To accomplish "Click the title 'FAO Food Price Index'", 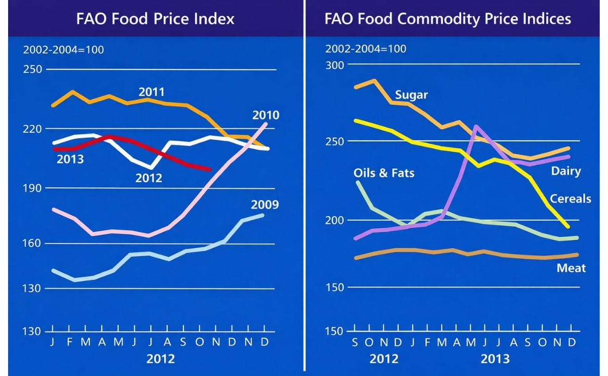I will coord(155,19).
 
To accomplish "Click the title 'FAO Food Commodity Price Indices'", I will coord(447,19).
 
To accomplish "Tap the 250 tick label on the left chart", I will coord(33,69).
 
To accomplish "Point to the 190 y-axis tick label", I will coord(33,188).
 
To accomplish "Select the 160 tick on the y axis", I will coord(33,243).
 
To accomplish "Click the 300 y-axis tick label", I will coord(334,65).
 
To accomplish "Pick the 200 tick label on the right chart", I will coord(334,220).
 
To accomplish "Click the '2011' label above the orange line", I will coord(151,92).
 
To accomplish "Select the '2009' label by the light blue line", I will coord(264,205).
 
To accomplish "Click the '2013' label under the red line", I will coord(70,160).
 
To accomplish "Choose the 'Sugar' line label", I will coord(411,95).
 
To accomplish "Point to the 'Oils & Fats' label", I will coord(384,173).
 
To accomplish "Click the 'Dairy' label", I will coord(566,171).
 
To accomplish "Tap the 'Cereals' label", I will coord(571,198).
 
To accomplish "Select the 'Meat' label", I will coord(571,268).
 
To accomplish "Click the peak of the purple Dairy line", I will coord(476,127).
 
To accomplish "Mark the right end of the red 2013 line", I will coord(209,170).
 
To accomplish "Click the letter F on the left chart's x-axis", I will coord(69,342).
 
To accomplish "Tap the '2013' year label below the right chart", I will coord(495,359).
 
